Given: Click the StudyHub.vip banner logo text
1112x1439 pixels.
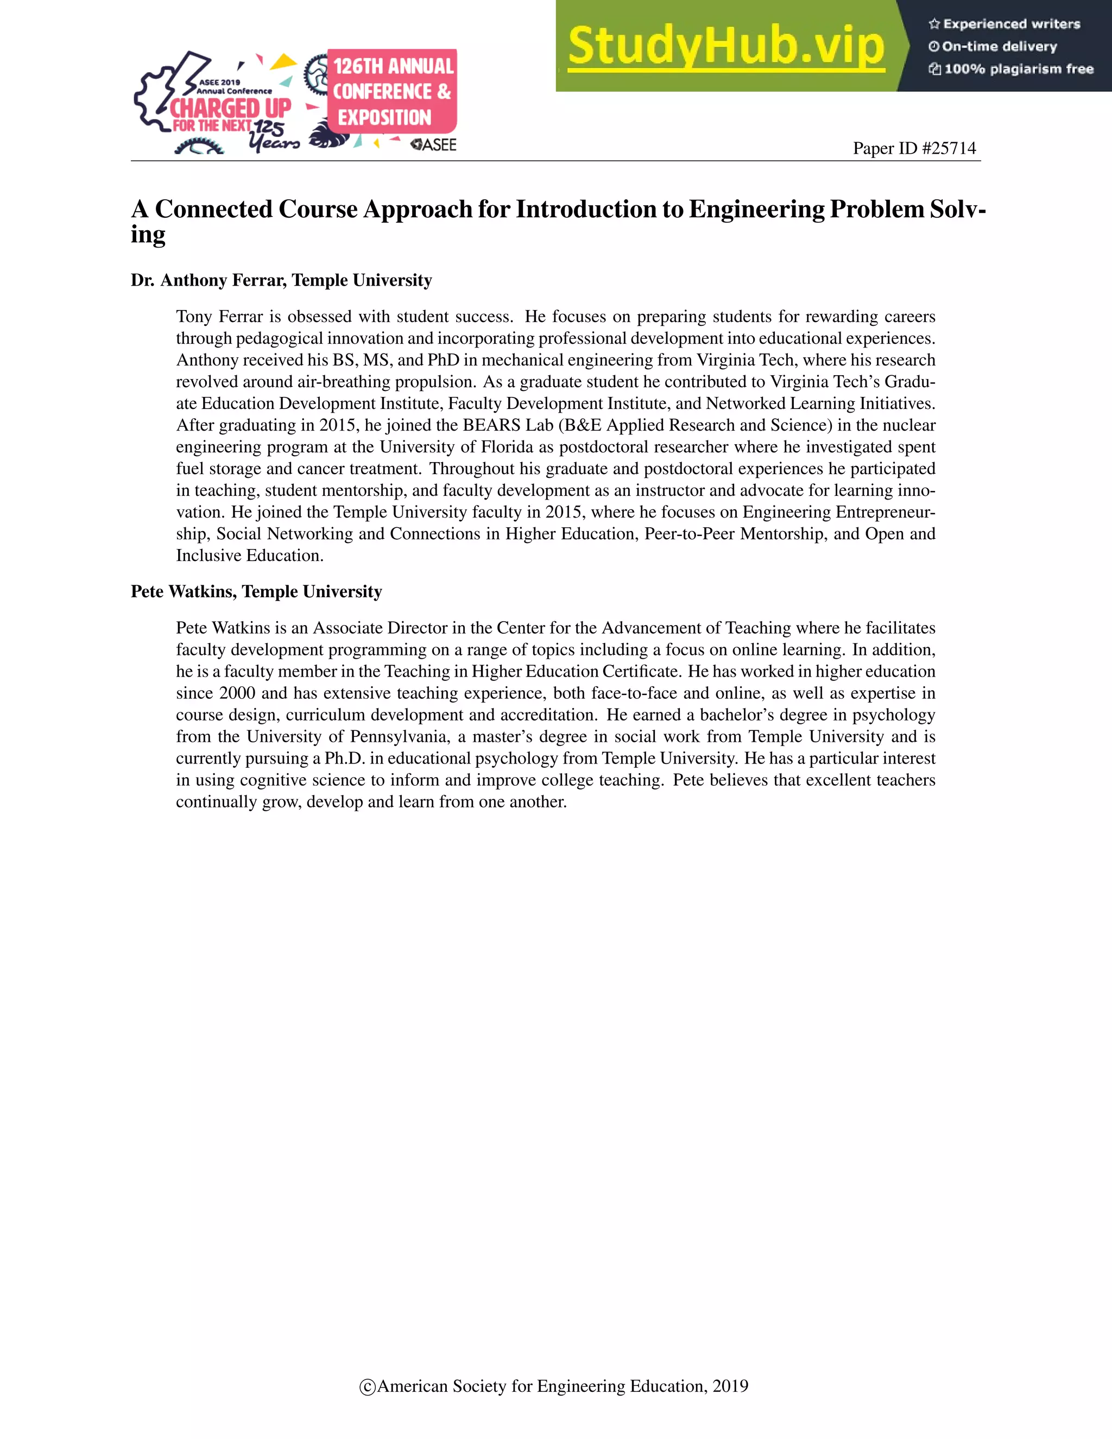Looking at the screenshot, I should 725,46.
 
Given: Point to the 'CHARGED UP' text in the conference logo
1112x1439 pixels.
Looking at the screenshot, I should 231,108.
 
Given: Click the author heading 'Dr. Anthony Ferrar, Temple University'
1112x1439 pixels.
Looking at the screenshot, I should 281,281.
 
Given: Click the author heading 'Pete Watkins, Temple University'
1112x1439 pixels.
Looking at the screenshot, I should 256,592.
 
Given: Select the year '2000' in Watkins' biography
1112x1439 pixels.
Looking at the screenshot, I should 237,693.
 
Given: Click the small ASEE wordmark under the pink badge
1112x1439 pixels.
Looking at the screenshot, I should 434,145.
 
